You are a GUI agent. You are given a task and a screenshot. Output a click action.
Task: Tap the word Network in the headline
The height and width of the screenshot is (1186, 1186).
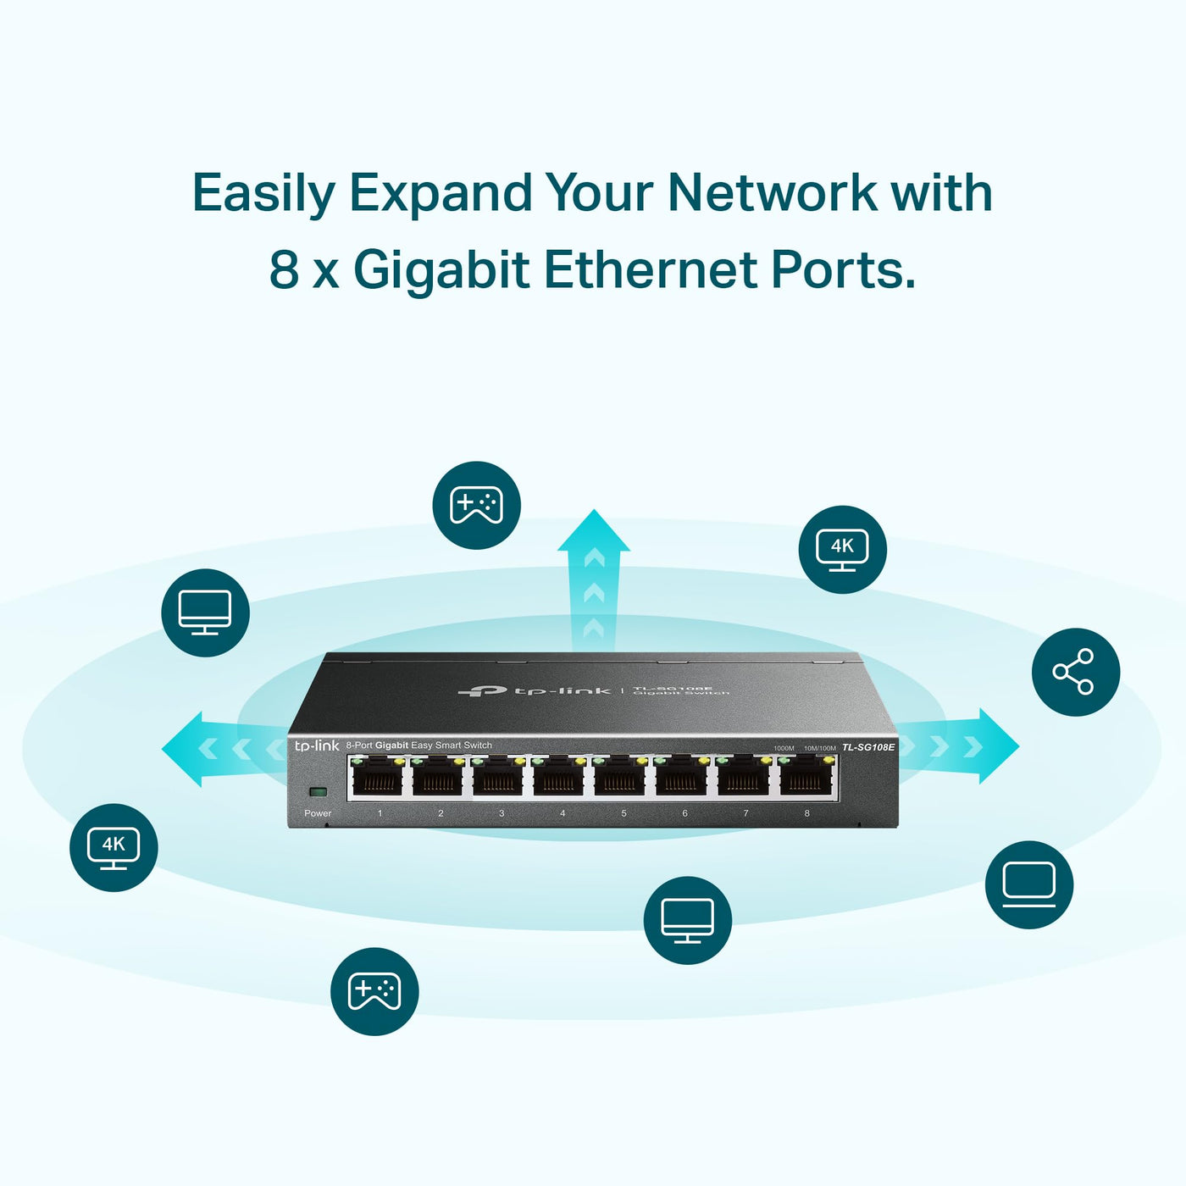(x=772, y=192)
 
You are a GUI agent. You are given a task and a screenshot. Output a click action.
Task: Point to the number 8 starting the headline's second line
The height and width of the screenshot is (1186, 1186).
(x=284, y=269)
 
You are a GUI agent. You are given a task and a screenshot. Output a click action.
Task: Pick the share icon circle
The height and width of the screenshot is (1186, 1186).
(x=1075, y=672)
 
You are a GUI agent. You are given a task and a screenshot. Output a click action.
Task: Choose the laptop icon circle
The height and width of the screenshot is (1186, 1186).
(x=1028, y=884)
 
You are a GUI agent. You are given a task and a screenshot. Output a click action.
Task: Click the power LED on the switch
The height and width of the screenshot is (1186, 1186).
(x=319, y=792)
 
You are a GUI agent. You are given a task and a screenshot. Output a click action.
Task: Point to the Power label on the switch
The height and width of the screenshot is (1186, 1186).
(x=318, y=813)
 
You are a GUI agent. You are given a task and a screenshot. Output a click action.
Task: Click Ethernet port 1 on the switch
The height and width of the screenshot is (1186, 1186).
(x=378, y=777)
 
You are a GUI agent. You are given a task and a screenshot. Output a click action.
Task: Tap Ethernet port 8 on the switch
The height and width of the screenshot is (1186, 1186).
(x=806, y=777)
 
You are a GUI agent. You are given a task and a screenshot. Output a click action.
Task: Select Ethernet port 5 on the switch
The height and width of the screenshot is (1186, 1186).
(x=623, y=777)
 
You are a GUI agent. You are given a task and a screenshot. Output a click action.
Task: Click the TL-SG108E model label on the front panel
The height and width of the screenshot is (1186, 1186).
(x=867, y=747)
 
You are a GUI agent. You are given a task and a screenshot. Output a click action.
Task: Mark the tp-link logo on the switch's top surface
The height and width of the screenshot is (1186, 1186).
(x=534, y=691)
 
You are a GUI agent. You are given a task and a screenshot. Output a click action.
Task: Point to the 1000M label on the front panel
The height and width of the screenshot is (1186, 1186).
(x=784, y=748)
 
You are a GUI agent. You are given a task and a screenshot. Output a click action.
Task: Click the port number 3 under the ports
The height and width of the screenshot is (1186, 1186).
(x=502, y=813)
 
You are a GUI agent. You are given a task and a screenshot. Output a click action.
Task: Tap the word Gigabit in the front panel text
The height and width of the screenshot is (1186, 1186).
(x=391, y=745)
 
